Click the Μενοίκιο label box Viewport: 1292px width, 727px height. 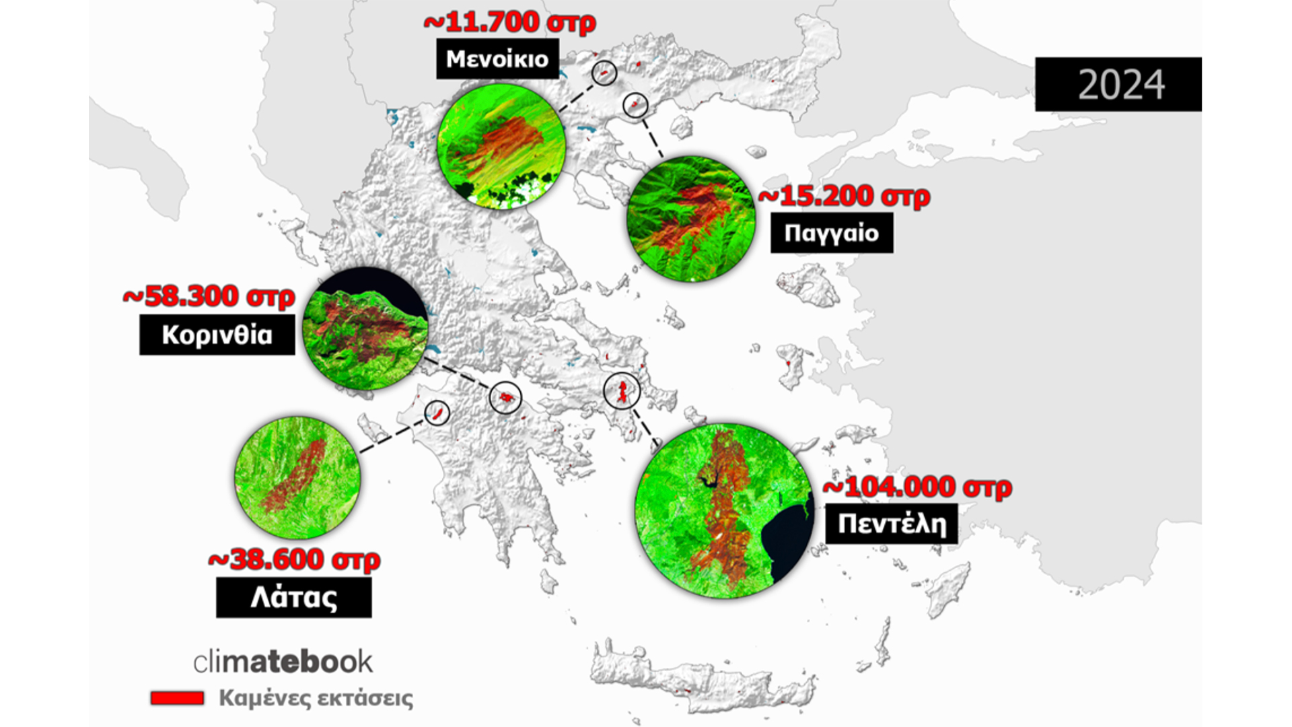pos(497,59)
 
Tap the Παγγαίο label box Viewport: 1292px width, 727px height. pos(832,233)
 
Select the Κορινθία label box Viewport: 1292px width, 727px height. pos(217,335)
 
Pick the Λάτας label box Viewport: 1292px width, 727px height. pos(293,597)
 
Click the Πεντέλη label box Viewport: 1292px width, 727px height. pos(891,523)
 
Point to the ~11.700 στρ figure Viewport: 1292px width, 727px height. pos(509,22)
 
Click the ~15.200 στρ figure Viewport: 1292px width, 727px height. pos(844,196)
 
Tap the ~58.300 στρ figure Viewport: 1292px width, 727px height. pos(209,296)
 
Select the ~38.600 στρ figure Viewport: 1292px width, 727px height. pos(294,559)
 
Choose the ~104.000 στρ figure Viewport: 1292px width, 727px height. pos(917,487)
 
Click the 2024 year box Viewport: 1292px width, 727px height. pos(1118,84)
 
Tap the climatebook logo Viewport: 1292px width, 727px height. pos(283,662)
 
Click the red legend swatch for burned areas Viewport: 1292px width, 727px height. pos(177,698)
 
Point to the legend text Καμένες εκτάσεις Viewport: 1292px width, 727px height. pos(316,698)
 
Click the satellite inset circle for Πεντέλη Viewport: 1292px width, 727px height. pos(725,511)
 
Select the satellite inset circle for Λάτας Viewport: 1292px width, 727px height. pos(297,477)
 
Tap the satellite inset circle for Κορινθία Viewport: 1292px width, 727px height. pos(365,328)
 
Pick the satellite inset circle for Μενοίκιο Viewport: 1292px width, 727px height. pos(501,146)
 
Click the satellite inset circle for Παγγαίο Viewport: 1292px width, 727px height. pos(690,219)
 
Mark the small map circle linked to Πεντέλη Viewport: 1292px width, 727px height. pos(622,390)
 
